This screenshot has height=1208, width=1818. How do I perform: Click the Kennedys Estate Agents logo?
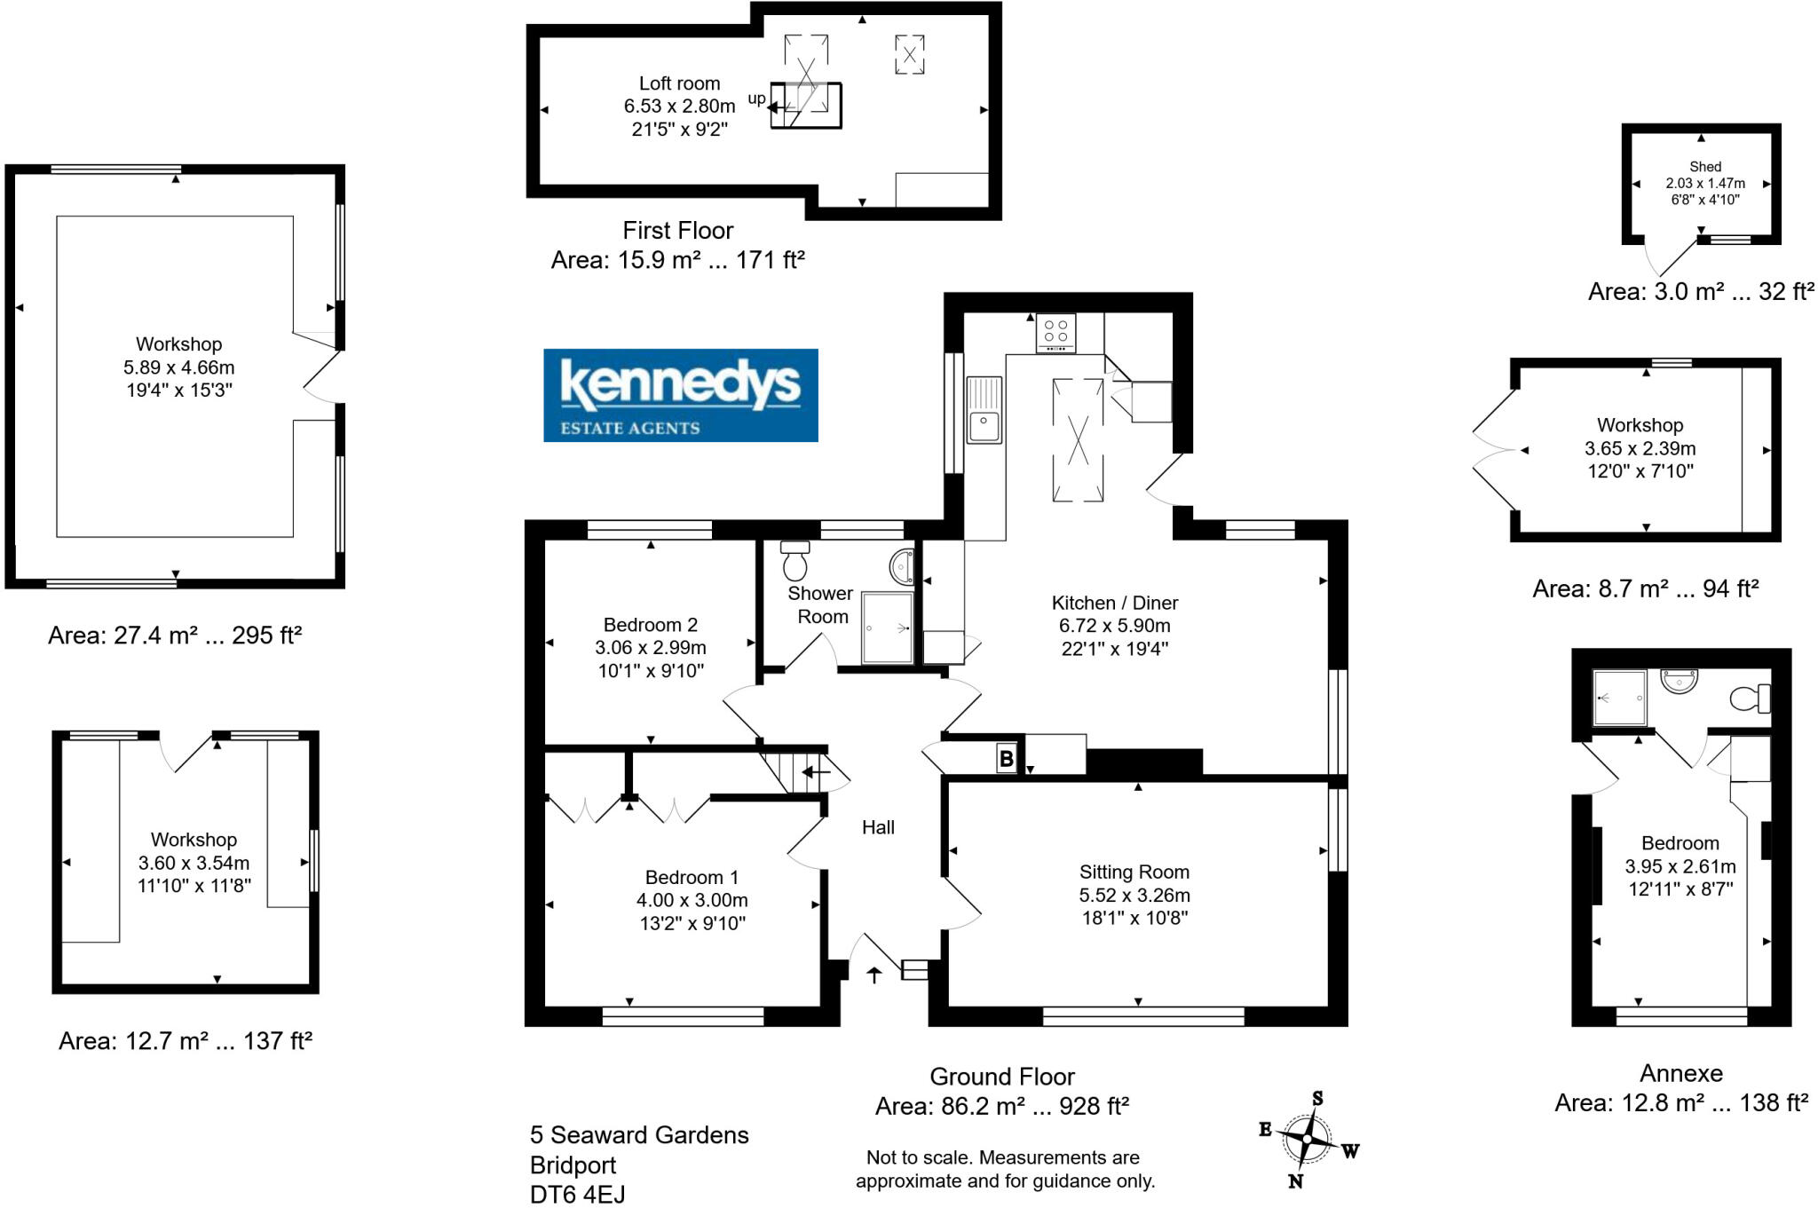click(x=680, y=395)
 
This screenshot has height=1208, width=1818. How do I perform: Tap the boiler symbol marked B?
click(x=1006, y=759)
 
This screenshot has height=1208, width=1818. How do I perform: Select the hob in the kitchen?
click(x=1055, y=332)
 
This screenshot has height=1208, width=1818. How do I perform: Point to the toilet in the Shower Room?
click(x=795, y=560)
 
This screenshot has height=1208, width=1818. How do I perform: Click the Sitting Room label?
click(x=1134, y=872)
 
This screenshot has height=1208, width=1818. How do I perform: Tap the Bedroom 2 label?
click(x=650, y=624)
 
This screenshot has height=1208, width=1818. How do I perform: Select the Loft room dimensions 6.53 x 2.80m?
click(x=679, y=106)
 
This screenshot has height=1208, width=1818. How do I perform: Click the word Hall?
click(x=878, y=827)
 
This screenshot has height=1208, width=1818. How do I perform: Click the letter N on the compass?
click(x=1295, y=1181)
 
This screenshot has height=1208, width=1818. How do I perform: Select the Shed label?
click(x=1704, y=166)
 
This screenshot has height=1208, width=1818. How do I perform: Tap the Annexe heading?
click(x=1680, y=1073)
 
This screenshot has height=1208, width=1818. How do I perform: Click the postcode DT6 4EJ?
click(x=577, y=1195)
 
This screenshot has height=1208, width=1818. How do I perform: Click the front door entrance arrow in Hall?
click(x=874, y=975)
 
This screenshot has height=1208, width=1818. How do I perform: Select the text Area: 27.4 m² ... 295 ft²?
click(x=175, y=636)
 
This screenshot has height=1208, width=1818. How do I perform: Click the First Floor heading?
click(x=677, y=231)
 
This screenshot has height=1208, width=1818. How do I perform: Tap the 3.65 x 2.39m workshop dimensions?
click(x=1640, y=448)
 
